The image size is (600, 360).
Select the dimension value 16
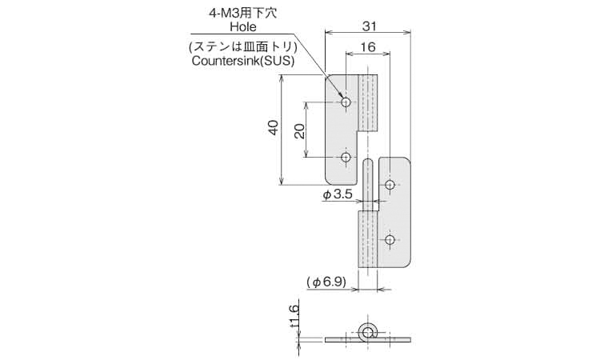(x=367, y=47)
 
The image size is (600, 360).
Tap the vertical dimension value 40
(x=273, y=129)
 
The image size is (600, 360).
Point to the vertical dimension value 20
(x=299, y=130)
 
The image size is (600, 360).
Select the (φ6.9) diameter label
(x=326, y=282)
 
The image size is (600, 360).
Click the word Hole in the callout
(x=243, y=27)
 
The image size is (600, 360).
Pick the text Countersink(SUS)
(x=243, y=61)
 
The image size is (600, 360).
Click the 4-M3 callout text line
(x=243, y=13)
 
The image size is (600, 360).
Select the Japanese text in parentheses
(x=243, y=45)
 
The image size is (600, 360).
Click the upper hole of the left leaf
(x=346, y=102)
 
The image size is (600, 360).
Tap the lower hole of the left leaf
(x=346, y=158)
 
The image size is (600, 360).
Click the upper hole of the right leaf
(x=390, y=186)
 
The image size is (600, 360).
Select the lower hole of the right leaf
(x=390, y=240)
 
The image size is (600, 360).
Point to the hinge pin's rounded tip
(x=367, y=163)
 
